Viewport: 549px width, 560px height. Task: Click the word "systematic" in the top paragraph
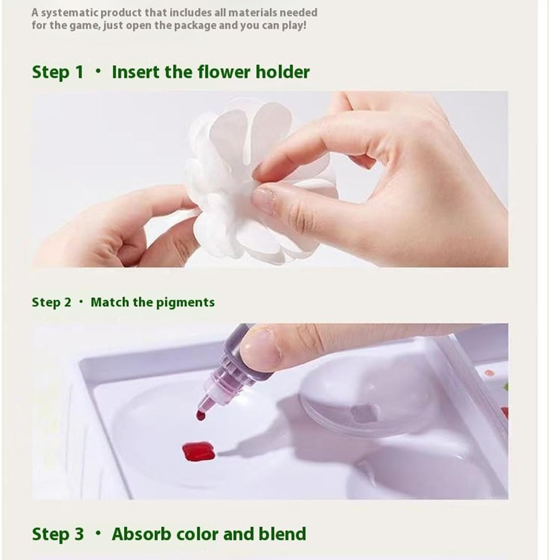tap(69, 13)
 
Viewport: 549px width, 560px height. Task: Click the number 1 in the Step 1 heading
tap(79, 72)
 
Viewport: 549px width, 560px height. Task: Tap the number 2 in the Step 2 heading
tap(67, 303)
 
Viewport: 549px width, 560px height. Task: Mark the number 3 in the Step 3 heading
tap(79, 534)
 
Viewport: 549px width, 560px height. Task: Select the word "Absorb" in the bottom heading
tap(142, 534)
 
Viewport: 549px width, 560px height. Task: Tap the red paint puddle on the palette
tap(199, 451)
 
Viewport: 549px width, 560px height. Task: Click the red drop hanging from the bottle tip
tap(201, 416)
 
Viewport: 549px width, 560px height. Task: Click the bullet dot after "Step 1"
tap(98, 71)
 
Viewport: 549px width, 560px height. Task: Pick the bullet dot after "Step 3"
tap(98, 534)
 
